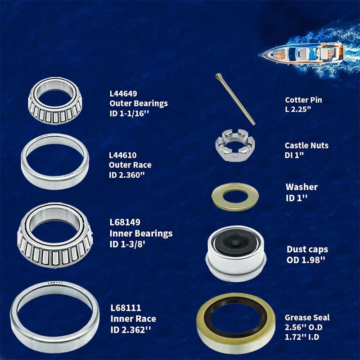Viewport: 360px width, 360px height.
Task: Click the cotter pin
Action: click(235, 99)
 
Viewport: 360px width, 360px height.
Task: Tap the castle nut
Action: click(235, 145)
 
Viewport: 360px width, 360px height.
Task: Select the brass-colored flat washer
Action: click(235, 197)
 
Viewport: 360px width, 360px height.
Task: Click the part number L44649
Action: click(123, 94)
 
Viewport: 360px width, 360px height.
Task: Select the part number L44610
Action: click(122, 155)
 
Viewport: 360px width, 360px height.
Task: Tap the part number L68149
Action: click(125, 222)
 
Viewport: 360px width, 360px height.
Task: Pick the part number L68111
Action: click(126, 308)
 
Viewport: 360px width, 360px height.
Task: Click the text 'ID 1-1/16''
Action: click(129, 113)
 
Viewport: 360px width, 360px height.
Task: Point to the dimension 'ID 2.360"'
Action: click(127, 175)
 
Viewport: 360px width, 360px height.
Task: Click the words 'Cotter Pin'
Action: click(303, 100)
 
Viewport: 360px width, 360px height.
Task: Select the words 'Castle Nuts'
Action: click(306, 145)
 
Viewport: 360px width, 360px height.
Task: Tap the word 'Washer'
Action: click(301, 187)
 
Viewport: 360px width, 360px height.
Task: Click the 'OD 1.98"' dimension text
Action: click(306, 260)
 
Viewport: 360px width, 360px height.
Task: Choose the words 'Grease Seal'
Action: click(307, 318)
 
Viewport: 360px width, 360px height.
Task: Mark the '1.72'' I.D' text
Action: click(302, 337)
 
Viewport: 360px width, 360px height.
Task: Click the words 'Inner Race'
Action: click(133, 319)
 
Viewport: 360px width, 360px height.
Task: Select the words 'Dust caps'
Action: click(307, 249)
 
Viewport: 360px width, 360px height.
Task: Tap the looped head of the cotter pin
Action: click(218, 76)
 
